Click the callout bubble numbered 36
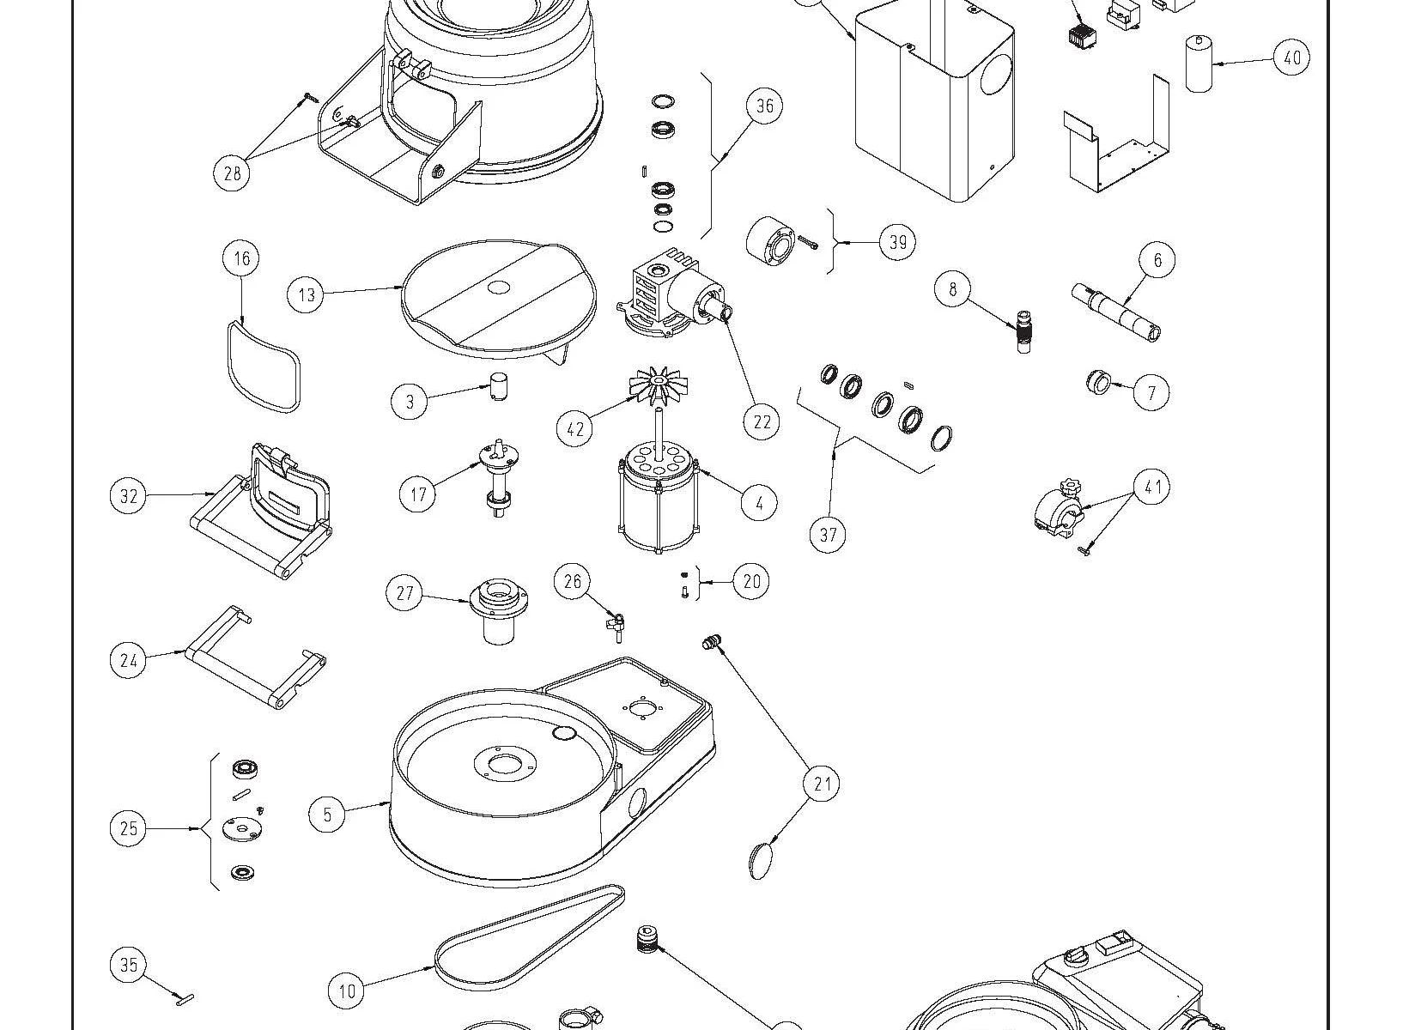click(764, 106)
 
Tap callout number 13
click(307, 295)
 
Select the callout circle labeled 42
click(574, 427)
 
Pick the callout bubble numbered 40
click(1291, 58)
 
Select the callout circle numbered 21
click(822, 783)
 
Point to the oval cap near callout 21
click(760, 860)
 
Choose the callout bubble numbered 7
click(1151, 393)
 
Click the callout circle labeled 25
click(128, 828)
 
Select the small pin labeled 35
click(184, 997)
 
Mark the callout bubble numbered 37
click(828, 535)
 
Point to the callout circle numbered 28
click(231, 173)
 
